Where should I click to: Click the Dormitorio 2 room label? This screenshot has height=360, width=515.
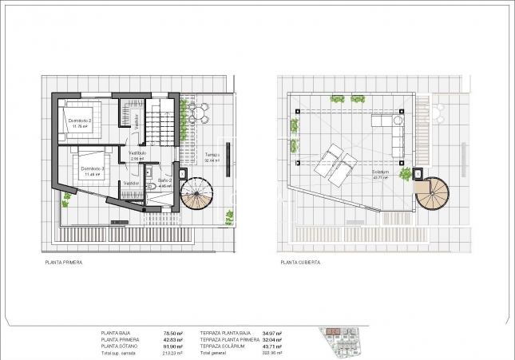[80, 121]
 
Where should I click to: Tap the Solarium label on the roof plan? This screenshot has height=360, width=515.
[380, 173]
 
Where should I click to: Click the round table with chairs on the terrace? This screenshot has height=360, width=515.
[199, 113]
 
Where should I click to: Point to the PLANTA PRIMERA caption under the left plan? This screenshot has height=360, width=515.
[63, 261]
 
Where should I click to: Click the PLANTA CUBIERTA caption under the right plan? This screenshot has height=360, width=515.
[299, 261]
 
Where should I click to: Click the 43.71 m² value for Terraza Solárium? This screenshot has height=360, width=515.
[271, 346]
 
